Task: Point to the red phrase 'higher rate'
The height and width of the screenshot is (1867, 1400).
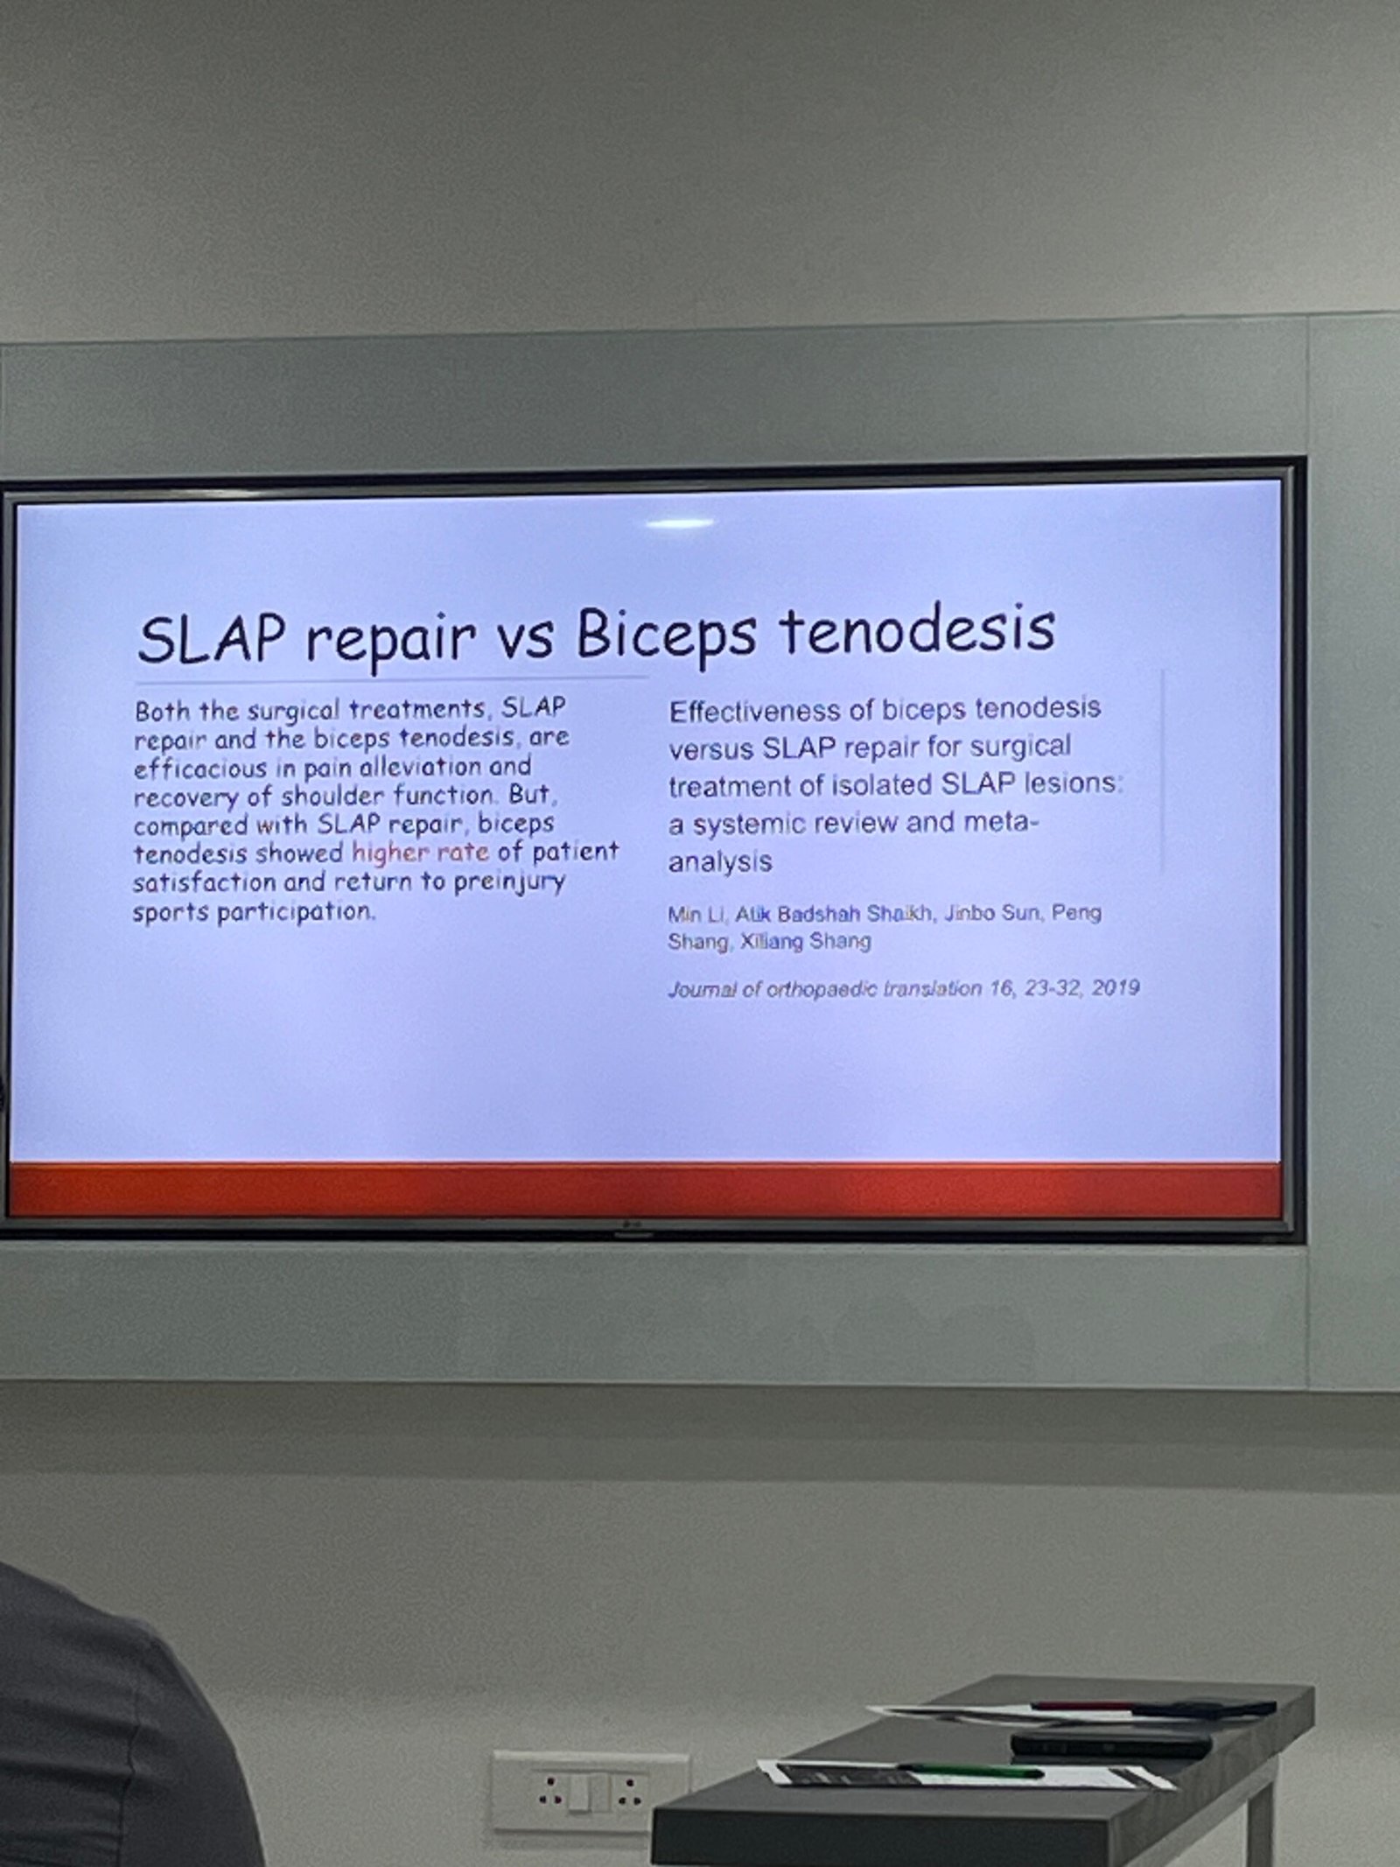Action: point(420,852)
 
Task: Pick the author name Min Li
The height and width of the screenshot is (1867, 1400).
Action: point(696,915)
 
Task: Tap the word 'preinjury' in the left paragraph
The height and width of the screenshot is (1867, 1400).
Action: point(509,882)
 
